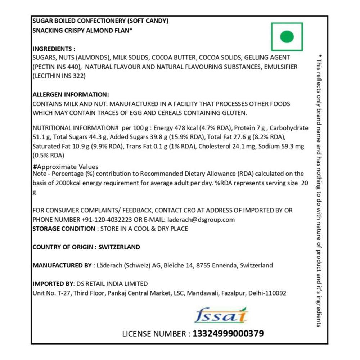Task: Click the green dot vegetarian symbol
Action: pos(287,36)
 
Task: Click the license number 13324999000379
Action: pos(228,334)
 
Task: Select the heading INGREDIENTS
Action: pos(54,49)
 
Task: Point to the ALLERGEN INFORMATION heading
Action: pos(71,95)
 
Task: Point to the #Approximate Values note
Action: pos(66,167)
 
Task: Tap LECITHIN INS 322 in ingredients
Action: pos(59,76)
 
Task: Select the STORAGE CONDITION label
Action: pos(63,229)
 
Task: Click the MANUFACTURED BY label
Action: pos(62,266)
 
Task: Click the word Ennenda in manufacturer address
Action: pos(222,266)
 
